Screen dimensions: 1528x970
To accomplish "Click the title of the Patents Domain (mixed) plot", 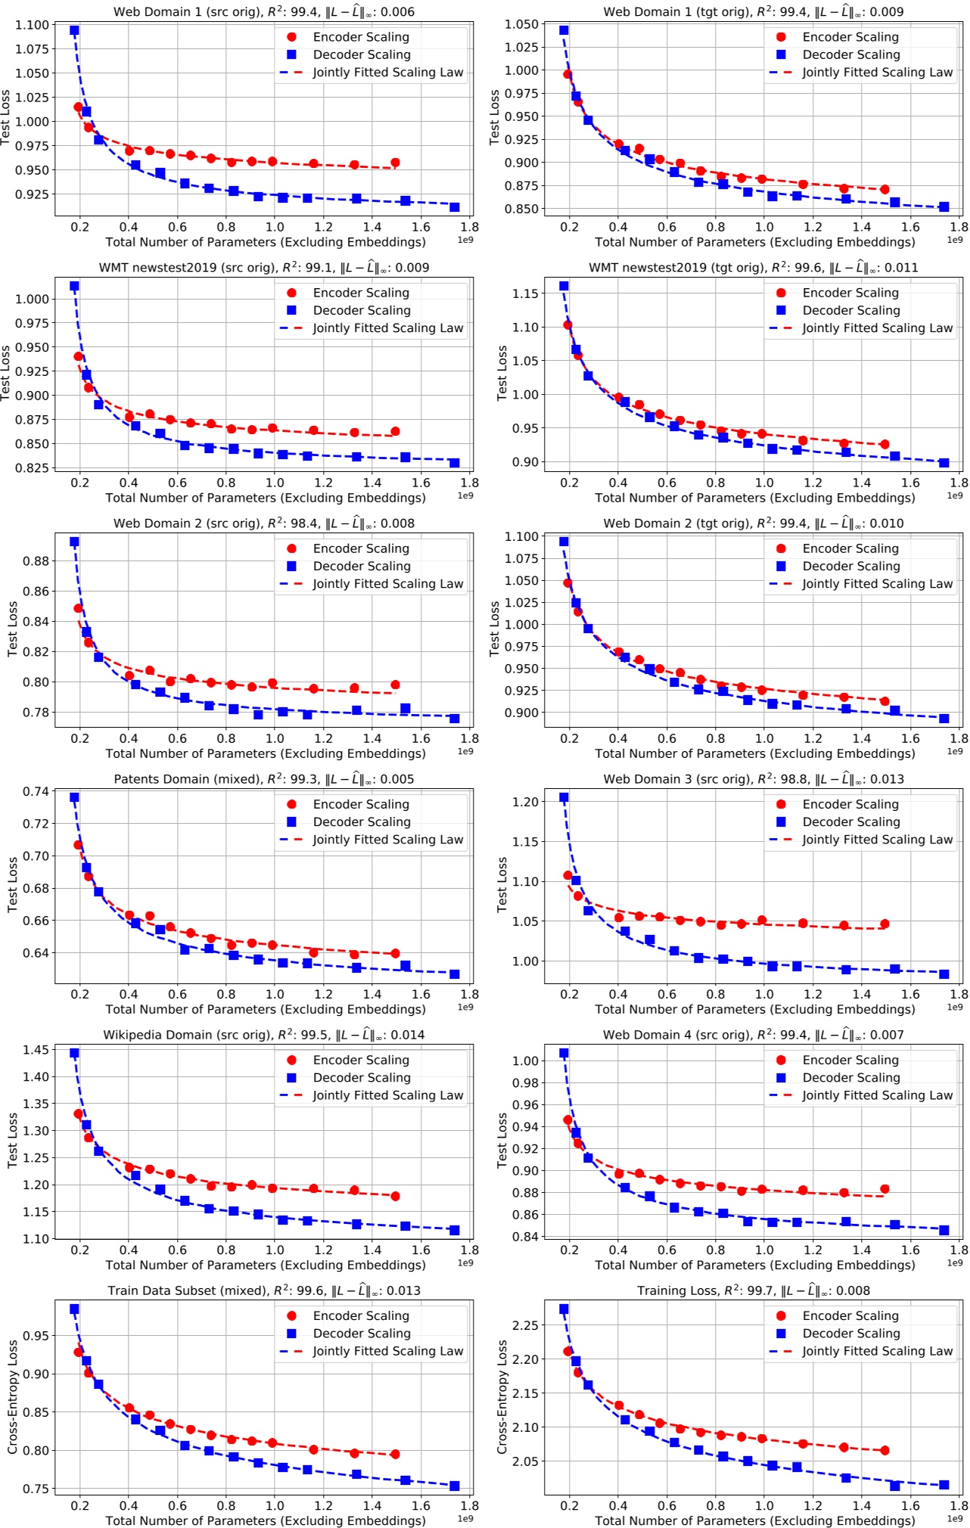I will [264, 779].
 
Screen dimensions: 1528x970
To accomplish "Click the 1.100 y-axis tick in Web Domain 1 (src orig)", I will [32, 25].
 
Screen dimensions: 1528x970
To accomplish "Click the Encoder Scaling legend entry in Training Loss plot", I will [850, 1316].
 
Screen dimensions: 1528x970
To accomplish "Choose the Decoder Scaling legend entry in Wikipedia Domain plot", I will [362, 1078].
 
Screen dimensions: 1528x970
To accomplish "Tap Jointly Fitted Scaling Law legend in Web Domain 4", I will [877, 1095].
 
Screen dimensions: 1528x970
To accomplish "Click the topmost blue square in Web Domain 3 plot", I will [564, 797].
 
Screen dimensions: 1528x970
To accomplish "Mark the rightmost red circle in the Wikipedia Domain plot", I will [395, 1196].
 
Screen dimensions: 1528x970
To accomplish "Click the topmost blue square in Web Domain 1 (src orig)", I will [74, 30].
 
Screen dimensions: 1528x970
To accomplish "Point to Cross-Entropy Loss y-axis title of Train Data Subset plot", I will [12, 1397].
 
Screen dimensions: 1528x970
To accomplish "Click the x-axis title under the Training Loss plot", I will [754, 1520].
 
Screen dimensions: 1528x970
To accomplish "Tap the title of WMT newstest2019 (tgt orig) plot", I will [753, 268].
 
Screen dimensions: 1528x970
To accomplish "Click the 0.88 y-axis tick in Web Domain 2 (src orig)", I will [36, 561].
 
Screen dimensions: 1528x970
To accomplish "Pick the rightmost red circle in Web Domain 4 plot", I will [885, 1189].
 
